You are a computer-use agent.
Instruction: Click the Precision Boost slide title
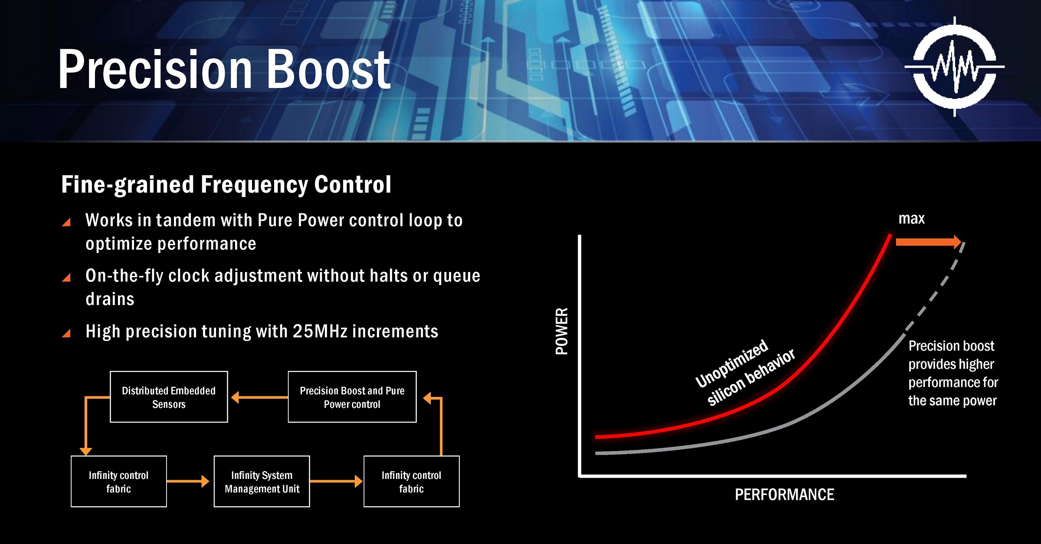tap(224, 69)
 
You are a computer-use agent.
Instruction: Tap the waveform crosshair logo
tap(955, 67)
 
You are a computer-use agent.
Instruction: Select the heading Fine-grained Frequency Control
tap(226, 184)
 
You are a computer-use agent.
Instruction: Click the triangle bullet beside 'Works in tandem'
tap(66, 222)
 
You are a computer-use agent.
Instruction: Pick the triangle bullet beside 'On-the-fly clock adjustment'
tap(66, 278)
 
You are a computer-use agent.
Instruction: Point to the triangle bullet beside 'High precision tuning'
tap(66, 333)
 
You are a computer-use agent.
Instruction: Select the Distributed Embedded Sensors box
tap(169, 397)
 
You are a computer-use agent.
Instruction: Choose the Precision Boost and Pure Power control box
tap(352, 397)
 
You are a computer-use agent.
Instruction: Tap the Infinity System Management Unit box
tap(262, 482)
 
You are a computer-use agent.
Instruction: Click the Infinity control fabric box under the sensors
tap(119, 482)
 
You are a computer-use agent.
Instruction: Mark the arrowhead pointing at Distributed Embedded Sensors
tap(235, 397)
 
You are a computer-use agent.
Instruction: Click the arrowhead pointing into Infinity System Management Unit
tap(205, 481)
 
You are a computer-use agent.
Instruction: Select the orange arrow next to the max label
tap(929, 242)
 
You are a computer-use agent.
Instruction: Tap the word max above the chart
tap(911, 219)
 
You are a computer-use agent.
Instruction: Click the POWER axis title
tap(562, 331)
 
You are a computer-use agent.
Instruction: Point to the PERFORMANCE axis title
tap(784, 495)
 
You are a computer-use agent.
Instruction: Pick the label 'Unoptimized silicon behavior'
tap(745, 373)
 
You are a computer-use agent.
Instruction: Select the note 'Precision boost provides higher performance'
tap(953, 373)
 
